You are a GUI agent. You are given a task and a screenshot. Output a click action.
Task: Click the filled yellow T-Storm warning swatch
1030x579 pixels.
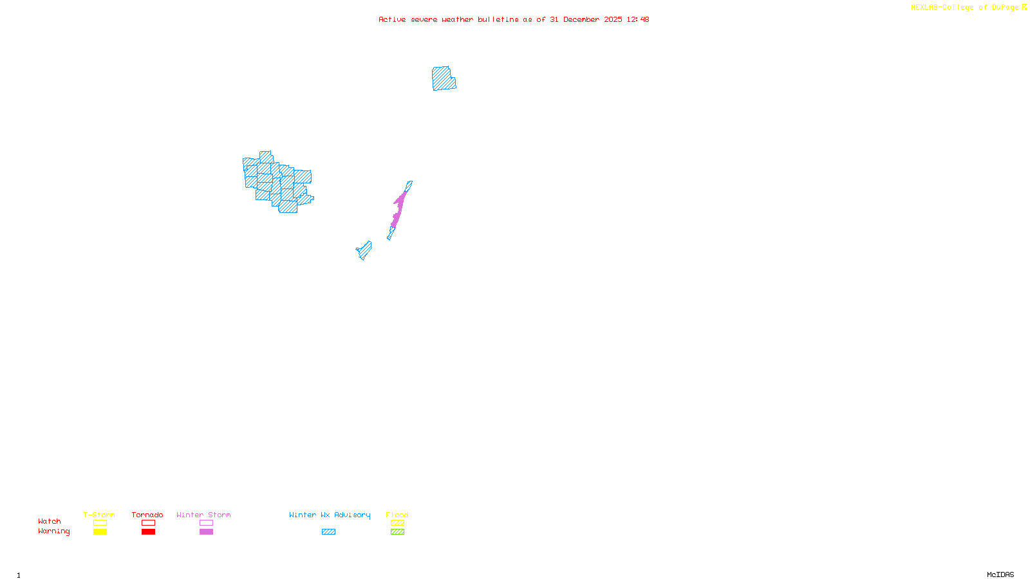click(100, 532)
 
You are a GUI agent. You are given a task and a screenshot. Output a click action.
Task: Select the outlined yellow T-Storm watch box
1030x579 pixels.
click(100, 523)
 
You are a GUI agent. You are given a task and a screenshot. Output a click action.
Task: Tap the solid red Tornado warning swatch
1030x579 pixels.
click(148, 532)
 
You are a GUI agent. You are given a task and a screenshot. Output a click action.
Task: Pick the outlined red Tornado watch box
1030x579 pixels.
click(148, 523)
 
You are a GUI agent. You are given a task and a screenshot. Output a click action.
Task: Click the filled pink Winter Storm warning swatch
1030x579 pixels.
click(206, 532)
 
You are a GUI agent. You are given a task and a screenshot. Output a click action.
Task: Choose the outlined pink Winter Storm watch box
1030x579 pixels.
click(206, 523)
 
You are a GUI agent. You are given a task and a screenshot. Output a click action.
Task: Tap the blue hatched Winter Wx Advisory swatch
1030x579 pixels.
click(328, 532)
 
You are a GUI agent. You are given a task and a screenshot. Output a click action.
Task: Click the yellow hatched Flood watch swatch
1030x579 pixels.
click(397, 523)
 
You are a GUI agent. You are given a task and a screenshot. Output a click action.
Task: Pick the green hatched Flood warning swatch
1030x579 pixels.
click(397, 532)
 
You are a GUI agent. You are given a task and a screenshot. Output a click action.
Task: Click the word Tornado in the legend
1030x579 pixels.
click(147, 515)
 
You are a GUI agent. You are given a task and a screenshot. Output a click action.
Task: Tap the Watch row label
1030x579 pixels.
click(50, 521)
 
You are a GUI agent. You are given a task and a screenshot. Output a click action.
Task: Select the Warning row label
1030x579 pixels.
click(53, 531)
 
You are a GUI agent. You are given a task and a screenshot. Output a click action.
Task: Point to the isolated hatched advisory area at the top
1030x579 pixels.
click(444, 78)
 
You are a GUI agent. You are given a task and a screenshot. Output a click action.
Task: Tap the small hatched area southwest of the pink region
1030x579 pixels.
click(364, 250)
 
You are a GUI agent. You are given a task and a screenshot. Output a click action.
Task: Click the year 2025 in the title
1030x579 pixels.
click(613, 19)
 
